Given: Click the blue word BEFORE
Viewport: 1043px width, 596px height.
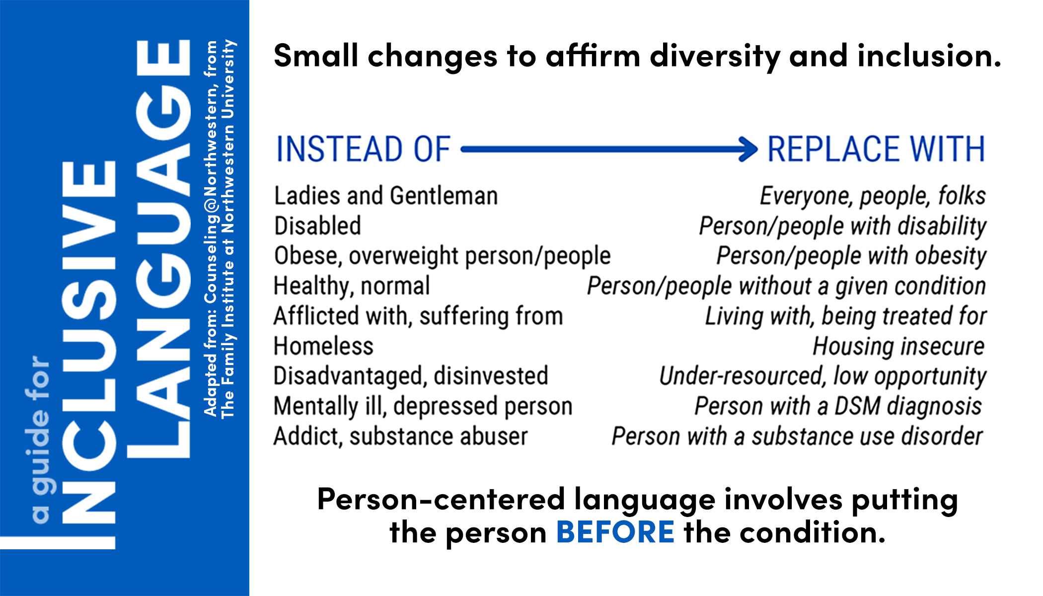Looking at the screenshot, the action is click(615, 532).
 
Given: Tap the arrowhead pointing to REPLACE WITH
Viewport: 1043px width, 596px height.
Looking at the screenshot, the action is click(748, 149).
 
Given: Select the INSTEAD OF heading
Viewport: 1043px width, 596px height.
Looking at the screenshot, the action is click(363, 149).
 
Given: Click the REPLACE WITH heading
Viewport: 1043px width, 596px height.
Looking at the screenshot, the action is click(876, 149).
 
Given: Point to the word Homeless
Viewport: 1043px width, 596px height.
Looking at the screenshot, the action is click(323, 346).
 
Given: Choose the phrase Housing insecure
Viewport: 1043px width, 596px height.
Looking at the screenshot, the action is click(898, 346).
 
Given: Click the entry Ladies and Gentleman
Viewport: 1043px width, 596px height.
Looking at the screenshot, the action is click(386, 196).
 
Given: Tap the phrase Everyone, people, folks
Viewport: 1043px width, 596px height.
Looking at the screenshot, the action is click(873, 196).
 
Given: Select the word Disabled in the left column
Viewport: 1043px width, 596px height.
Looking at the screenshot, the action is click(317, 225).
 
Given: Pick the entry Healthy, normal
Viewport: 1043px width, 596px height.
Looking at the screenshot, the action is click(352, 286).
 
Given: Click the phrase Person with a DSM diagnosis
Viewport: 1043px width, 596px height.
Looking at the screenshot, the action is click(838, 406).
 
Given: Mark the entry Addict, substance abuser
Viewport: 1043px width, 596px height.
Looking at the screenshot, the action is click(401, 437).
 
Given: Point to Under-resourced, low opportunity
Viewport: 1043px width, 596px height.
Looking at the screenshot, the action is click(822, 376).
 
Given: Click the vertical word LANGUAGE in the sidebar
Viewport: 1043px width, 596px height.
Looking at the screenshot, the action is click(163, 248).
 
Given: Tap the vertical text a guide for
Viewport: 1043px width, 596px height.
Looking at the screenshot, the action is click(40, 440).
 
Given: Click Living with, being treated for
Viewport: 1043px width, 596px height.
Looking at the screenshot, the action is click(845, 316).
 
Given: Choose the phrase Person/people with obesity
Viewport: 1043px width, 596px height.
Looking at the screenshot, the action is click(851, 256).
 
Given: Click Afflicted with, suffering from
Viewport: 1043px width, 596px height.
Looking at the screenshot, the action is click(418, 316).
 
